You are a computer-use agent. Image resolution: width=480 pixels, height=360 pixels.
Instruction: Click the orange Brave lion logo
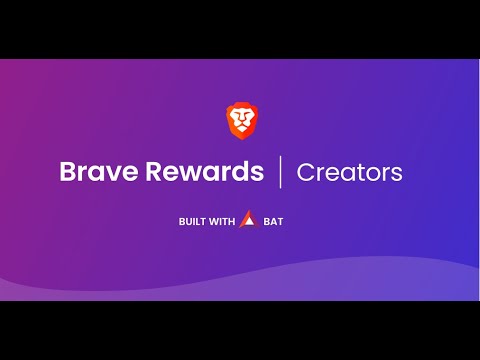pos(240,120)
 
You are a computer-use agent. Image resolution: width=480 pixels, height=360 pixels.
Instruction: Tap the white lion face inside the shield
pos(240,121)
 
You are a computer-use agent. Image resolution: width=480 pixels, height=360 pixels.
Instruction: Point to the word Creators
pos(349,172)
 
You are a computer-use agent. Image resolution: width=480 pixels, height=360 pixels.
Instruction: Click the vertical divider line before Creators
pos(280,171)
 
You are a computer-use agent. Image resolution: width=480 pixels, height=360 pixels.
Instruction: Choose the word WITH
pos(221,221)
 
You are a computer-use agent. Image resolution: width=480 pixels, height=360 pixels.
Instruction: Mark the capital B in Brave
pos(67,171)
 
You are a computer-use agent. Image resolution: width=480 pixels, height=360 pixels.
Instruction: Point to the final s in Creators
pos(397,174)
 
